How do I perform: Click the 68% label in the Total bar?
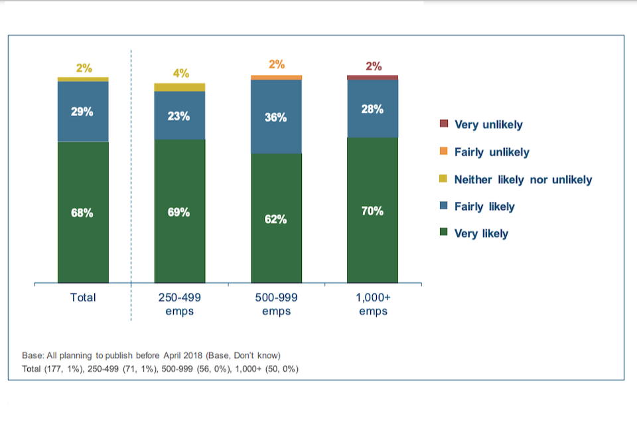[82, 213]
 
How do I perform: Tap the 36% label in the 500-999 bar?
[276, 118]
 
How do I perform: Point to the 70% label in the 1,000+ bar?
[372, 211]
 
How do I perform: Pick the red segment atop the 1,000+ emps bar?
[372, 78]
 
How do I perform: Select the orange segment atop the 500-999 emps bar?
[276, 78]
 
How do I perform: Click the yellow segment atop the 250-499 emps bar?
[179, 87]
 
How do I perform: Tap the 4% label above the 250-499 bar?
[180, 73]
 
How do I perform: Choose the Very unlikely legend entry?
[488, 124]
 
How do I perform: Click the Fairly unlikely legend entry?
[491, 152]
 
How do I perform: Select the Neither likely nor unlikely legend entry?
[522, 179]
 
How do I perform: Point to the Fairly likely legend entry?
[484, 207]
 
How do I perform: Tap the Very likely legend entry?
[480, 233]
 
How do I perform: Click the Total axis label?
[83, 297]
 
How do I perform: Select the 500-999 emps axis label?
[276, 304]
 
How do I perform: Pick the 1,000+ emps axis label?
[373, 304]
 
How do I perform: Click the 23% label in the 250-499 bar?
[179, 116]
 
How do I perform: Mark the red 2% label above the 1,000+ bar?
[374, 66]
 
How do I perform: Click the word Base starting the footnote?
[33, 355]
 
